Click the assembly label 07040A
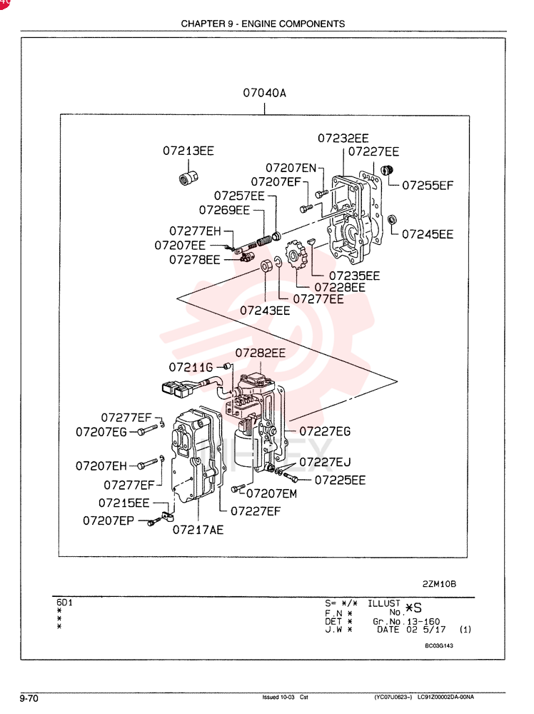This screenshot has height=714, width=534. click(x=264, y=94)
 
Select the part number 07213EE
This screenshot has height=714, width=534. click(x=188, y=151)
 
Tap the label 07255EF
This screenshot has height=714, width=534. click(x=428, y=186)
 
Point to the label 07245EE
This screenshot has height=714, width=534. click(x=428, y=234)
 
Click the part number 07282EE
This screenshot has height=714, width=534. click(x=261, y=353)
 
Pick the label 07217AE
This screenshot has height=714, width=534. click(x=198, y=530)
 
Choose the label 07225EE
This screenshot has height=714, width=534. click(x=340, y=481)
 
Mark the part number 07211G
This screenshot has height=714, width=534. click(x=191, y=368)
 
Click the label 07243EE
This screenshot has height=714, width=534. click(x=265, y=311)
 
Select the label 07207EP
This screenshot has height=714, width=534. click(x=109, y=521)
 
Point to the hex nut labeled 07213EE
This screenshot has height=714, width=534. click(x=188, y=177)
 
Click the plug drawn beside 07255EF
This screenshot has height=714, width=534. click(x=386, y=171)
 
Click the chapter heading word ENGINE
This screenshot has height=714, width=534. click(x=258, y=24)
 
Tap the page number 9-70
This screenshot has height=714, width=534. click(x=29, y=698)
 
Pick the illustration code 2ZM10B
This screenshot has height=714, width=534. click(x=439, y=584)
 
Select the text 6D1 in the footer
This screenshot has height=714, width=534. click(x=65, y=603)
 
